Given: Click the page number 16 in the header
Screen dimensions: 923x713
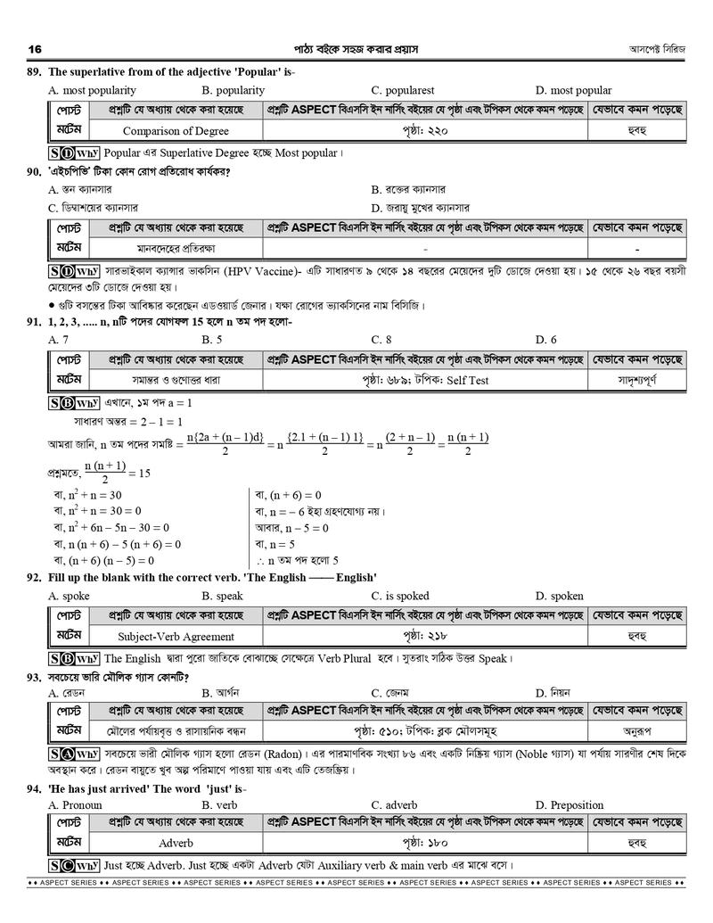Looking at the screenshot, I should click(36, 48).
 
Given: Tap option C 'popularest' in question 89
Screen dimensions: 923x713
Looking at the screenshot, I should click(403, 90).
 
